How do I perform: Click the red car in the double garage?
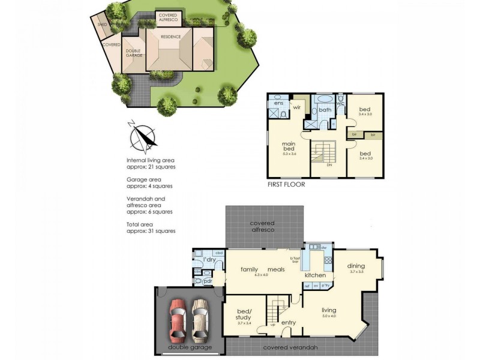click(x=178, y=319)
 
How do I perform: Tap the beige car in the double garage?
click(x=200, y=319)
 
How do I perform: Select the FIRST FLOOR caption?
click(x=286, y=185)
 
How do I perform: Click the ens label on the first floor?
click(x=278, y=103)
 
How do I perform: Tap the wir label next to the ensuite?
click(x=296, y=107)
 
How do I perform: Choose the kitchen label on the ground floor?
click(x=315, y=275)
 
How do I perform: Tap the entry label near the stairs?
click(x=289, y=322)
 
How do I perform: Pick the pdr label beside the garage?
click(x=208, y=280)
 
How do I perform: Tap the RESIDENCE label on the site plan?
click(x=170, y=36)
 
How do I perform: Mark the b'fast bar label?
click(x=295, y=259)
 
